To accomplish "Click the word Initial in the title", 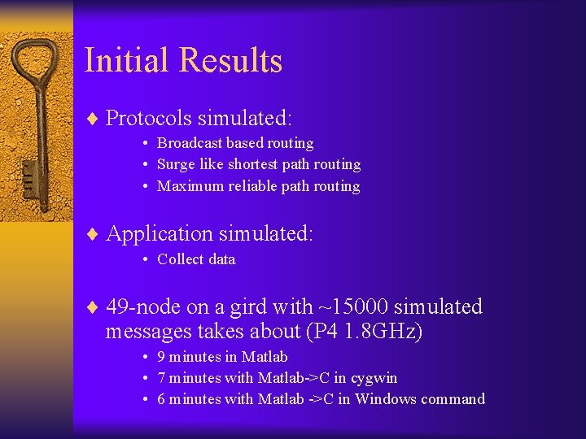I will click(x=127, y=61).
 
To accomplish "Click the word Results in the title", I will click(x=230, y=61).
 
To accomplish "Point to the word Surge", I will click(x=175, y=164).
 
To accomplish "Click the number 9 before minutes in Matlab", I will click(x=161, y=357).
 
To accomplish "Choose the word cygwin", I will click(x=374, y=379).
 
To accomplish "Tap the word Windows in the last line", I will click(x=386, y=399).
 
